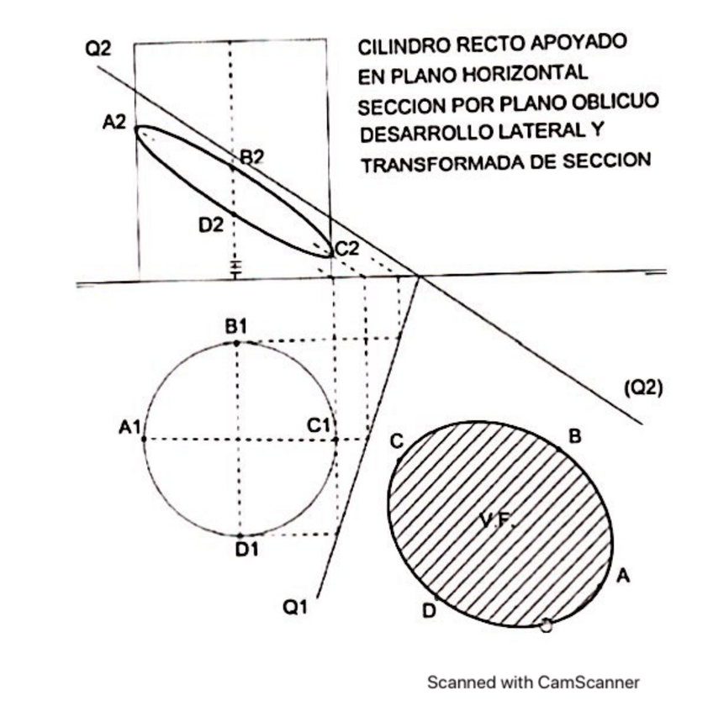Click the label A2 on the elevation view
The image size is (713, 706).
click(x=114, y=123)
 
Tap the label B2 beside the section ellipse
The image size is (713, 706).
click(x=252, y=156)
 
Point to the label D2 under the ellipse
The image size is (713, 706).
click(x=211, y=224)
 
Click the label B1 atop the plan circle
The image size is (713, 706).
click(x=235, y=326)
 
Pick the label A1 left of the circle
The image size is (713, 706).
click(x=129, y=428)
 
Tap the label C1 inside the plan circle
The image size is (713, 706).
click(x=318, y=426)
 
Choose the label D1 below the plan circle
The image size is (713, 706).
click(x=246, y=550)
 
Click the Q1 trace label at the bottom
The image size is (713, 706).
click(x=293, y=607)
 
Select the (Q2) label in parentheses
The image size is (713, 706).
click(x=643, y=387)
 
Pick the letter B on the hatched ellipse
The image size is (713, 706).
click(x=575, y=436)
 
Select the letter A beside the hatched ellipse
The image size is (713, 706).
click(x=623, y=576)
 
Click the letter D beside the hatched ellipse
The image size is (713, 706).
click(x=429, y=611)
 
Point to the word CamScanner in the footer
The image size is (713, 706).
click(x=589, y=682)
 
